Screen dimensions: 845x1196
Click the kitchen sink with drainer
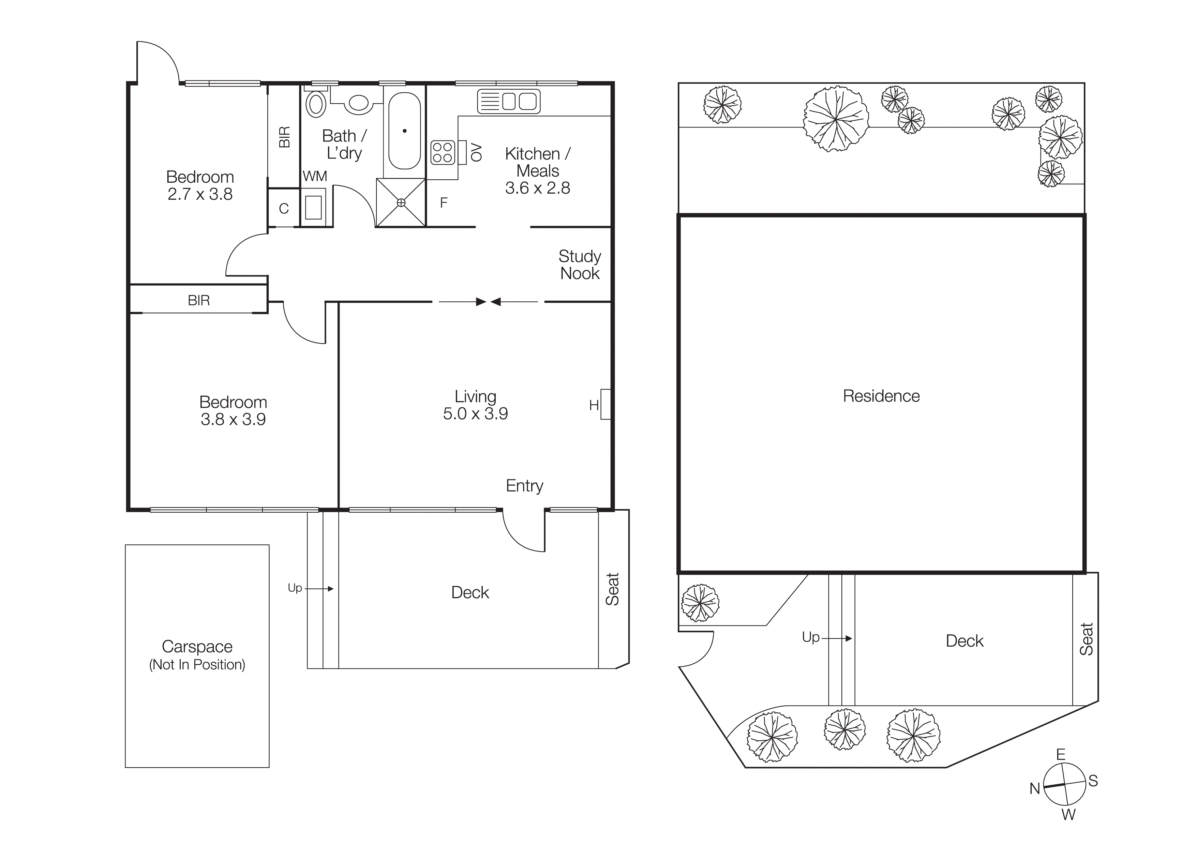point(508,101)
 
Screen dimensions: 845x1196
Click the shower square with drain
point(401,202)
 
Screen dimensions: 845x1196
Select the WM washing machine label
point(315,177)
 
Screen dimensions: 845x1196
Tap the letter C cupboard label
point(284,209)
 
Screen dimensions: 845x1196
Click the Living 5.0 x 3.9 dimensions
point(475,413)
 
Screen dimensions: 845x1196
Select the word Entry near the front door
point(524,486)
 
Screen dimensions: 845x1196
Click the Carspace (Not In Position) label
point(197,655)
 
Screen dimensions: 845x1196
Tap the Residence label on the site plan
point(881,396)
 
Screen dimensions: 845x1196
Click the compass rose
point(1064,784)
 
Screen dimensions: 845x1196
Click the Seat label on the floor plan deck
point(612,589)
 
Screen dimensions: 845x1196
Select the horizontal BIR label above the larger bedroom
point(198,300)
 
